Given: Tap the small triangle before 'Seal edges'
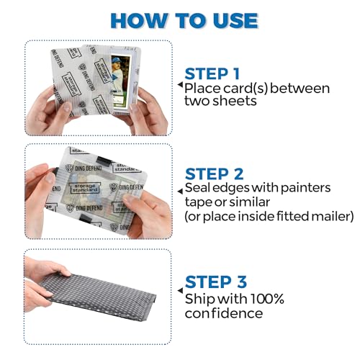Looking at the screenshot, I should pyautogui.click(x=180, y=189).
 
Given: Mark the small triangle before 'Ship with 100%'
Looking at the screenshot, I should pyautogui.click(x=180, y=298).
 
